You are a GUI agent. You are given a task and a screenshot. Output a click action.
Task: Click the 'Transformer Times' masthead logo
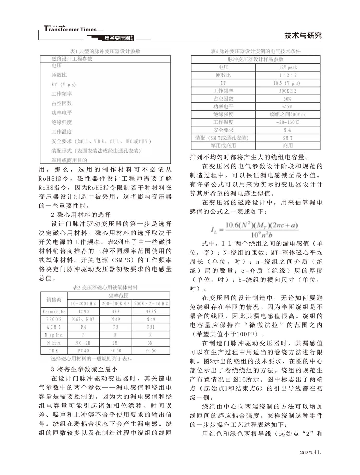[x=70, y=29]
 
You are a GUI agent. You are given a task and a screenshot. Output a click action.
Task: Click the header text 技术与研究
[x=303, y=35]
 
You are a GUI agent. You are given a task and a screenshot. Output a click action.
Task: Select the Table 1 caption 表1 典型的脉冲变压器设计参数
[x=105, y=51]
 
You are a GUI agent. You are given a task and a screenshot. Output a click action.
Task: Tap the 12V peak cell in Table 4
[x=288, y=67]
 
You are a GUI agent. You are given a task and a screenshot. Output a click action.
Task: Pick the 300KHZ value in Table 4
[x=288, y=91]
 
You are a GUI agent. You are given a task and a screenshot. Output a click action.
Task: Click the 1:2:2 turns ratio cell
[x=288, y=75]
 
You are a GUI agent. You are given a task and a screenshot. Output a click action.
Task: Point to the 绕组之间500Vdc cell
[x=288, y=114]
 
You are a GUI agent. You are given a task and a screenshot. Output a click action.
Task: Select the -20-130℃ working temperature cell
[x=288, y=122]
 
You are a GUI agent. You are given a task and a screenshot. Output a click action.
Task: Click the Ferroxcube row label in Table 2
[x=54, y=312]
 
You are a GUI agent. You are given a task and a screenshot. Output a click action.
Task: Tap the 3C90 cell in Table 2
[x=83, y=312]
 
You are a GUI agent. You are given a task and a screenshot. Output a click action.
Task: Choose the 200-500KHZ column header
[x=116, y=304]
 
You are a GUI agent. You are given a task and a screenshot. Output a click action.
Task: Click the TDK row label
[x=54, y=351]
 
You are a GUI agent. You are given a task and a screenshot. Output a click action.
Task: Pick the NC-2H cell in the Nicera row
[x=83, y=343]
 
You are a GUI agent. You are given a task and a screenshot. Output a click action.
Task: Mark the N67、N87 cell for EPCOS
[x=83, y=319]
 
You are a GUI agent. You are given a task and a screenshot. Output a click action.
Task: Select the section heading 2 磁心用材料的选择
[x=81, y=215]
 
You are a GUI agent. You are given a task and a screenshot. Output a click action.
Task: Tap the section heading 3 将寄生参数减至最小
[x=84, y=369]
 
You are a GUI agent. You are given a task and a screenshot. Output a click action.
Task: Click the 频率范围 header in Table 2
[x=118, y=295]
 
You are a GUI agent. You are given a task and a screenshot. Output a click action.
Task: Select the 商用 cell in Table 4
[x=288, y=146]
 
